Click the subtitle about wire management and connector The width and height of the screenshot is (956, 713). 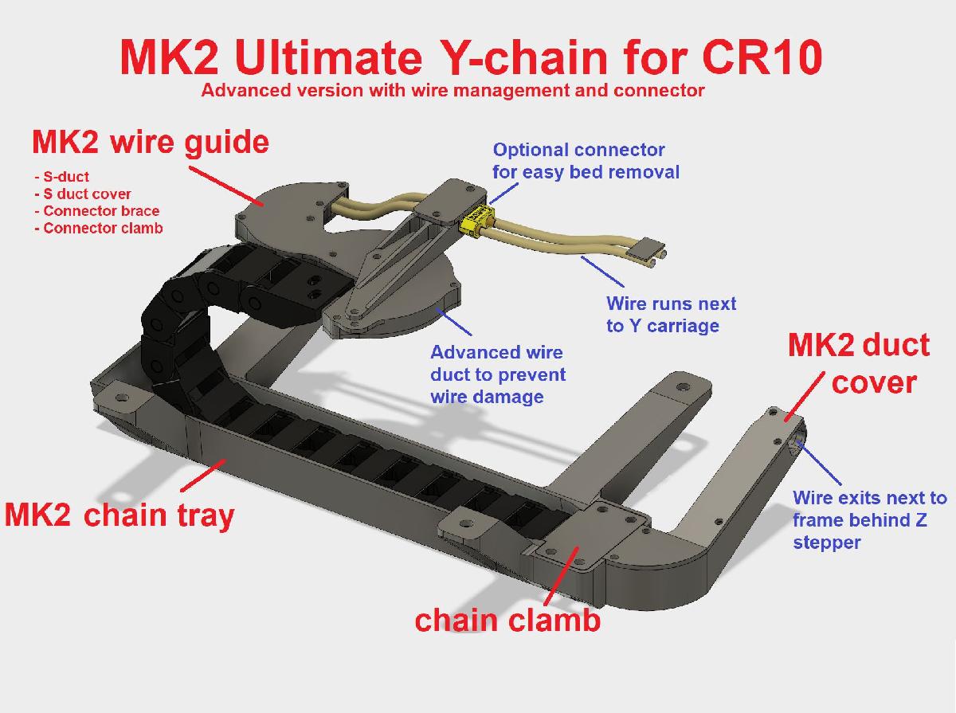[x=453, y=90]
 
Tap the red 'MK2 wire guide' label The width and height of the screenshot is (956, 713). [x=151, y=143]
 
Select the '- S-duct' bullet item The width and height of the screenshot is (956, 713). [x=62, y=177]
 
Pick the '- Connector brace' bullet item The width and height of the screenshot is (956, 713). [x=97, y=211]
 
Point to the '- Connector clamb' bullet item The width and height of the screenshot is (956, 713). [x=99, y=229]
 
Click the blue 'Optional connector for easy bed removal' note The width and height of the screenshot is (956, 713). [x=586, y=160]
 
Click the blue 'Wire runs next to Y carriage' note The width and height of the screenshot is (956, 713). [x=671, y=314]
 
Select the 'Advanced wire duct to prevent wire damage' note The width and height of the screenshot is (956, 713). [x=498, y=374]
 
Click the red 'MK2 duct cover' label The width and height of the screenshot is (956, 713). [x=859, y=364]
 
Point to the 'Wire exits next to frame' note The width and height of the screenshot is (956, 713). [x=869, y=520]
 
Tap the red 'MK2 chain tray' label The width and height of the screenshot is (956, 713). [x=119, y=515]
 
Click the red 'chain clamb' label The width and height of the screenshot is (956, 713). [x=507, y=619]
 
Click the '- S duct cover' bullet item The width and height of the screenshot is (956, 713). [x=84, y=194]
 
